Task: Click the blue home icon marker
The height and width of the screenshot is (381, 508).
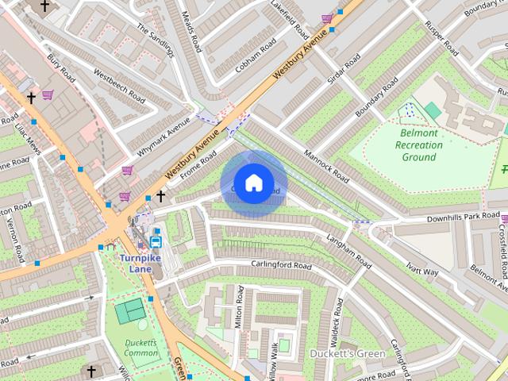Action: click(x=253, y=183)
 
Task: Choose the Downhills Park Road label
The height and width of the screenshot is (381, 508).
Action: click(x=463, y=217)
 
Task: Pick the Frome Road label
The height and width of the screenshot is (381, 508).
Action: click(x=198, y=165)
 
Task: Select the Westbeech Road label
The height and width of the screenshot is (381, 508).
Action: click(x=119, y=87)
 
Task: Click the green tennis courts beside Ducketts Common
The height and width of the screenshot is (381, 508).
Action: click(x=129, y=310)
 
